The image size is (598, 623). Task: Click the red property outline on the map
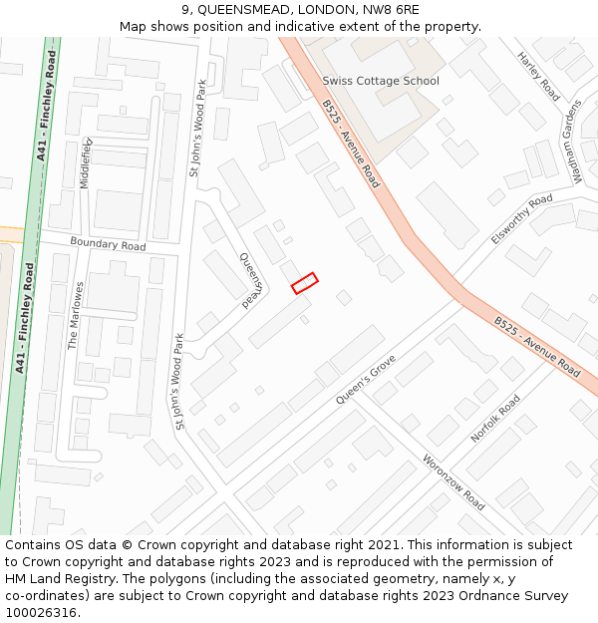click(x=304, y=283)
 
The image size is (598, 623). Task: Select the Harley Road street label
click(x=538, y=77)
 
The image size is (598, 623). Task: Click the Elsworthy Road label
click(x=521, y=219)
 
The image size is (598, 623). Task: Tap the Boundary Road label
click(x=108, y=244)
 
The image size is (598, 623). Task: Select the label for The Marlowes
click(x=75, y=315)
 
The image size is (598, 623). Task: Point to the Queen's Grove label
click(x=366, y=379)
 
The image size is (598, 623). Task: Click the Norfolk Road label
click(x=495, y=419)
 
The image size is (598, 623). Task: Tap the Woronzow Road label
click(x=453, y=482)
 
